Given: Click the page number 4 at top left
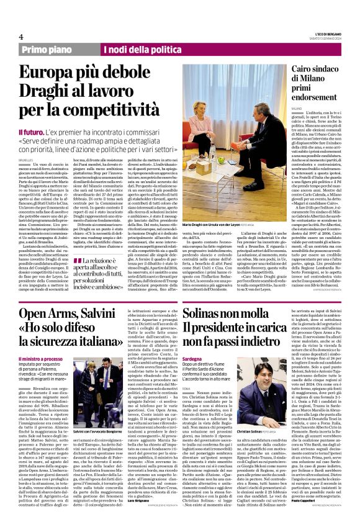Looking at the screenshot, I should (x=21, y=36).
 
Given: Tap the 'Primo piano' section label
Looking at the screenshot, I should (x=47, y=50).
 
